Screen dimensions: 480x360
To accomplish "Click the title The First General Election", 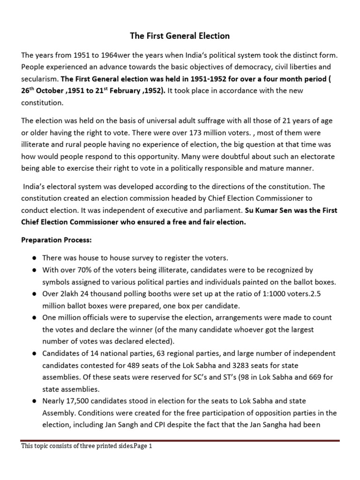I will coord(180,36).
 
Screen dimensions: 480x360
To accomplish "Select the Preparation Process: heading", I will coord(56,240).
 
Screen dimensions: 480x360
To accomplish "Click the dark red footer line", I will coord(180,441).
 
